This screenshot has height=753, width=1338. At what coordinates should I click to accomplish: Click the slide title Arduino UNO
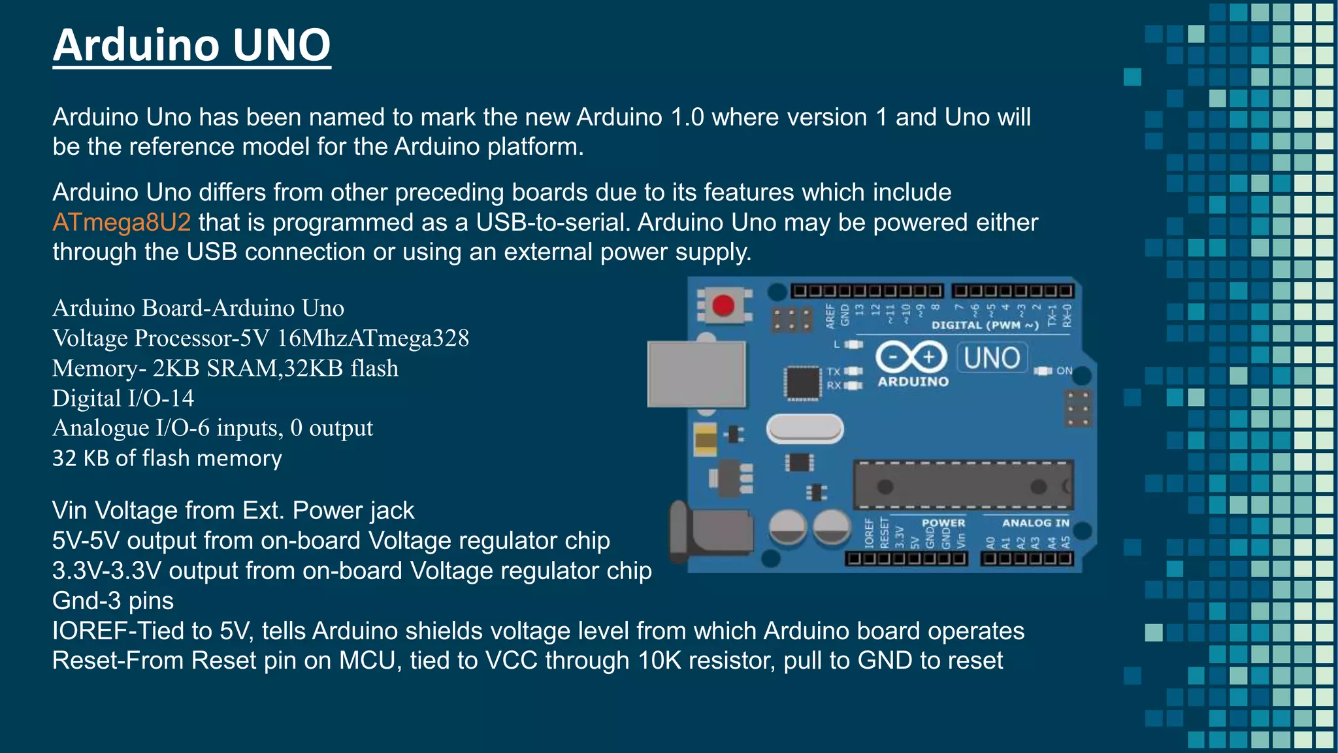click(x=191, y=46)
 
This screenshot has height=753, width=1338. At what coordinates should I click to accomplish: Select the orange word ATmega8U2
click(x=122, y=222)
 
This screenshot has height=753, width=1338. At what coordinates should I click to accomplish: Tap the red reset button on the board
click(x=723, y=305)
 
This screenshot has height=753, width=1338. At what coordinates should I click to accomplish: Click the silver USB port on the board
click(x=696, y=374)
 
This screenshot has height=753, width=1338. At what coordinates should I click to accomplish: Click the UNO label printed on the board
click(x=992, y=358)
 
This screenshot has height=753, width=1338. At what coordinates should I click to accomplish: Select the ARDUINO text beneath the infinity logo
click(x=913, y=382)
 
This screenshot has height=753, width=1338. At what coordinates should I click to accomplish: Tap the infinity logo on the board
click(x=911, y=357)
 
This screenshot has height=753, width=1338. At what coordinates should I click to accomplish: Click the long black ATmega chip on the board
click(x=962, y=485)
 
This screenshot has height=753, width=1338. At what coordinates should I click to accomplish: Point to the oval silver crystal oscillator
click(x=805, y=429)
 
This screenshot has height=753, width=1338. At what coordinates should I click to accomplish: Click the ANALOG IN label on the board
click(x=1036, y=523)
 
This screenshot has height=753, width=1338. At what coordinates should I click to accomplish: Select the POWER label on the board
click(x=943, y=523)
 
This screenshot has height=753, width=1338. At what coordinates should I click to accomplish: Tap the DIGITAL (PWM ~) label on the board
click(x=985, y=325)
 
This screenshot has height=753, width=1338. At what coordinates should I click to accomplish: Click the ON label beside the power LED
click(x=1064, y=371)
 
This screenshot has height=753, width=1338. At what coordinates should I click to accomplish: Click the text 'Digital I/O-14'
click(x=123, y=398)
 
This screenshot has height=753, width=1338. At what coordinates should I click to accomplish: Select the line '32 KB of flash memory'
click(x=167, y=458)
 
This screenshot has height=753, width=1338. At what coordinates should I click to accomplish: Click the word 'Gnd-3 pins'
click(x=113, y=601)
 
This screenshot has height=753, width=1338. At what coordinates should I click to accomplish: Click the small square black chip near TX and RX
click(x=802, y=383)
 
